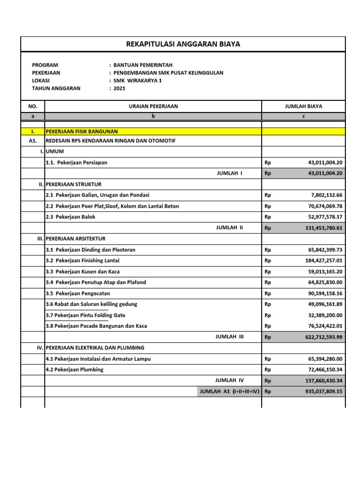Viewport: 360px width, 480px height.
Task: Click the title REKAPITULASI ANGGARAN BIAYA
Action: pos(183,45)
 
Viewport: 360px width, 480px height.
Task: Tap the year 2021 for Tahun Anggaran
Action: pos(120,88)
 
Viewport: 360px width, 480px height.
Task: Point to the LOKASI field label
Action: pos(41,81)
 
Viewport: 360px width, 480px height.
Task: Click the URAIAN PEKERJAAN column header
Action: pos(153,106)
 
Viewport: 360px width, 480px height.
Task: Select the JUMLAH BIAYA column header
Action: pos(303,106)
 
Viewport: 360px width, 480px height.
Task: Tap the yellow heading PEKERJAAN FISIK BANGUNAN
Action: pos(82,131)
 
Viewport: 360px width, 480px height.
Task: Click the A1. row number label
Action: pos(33,141)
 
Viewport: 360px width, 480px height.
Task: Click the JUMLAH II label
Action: pos(229,228)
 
